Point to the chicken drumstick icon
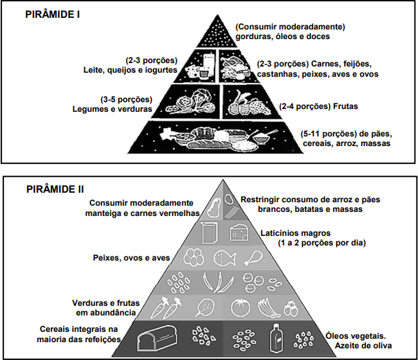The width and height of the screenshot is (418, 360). tap(254, 259)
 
